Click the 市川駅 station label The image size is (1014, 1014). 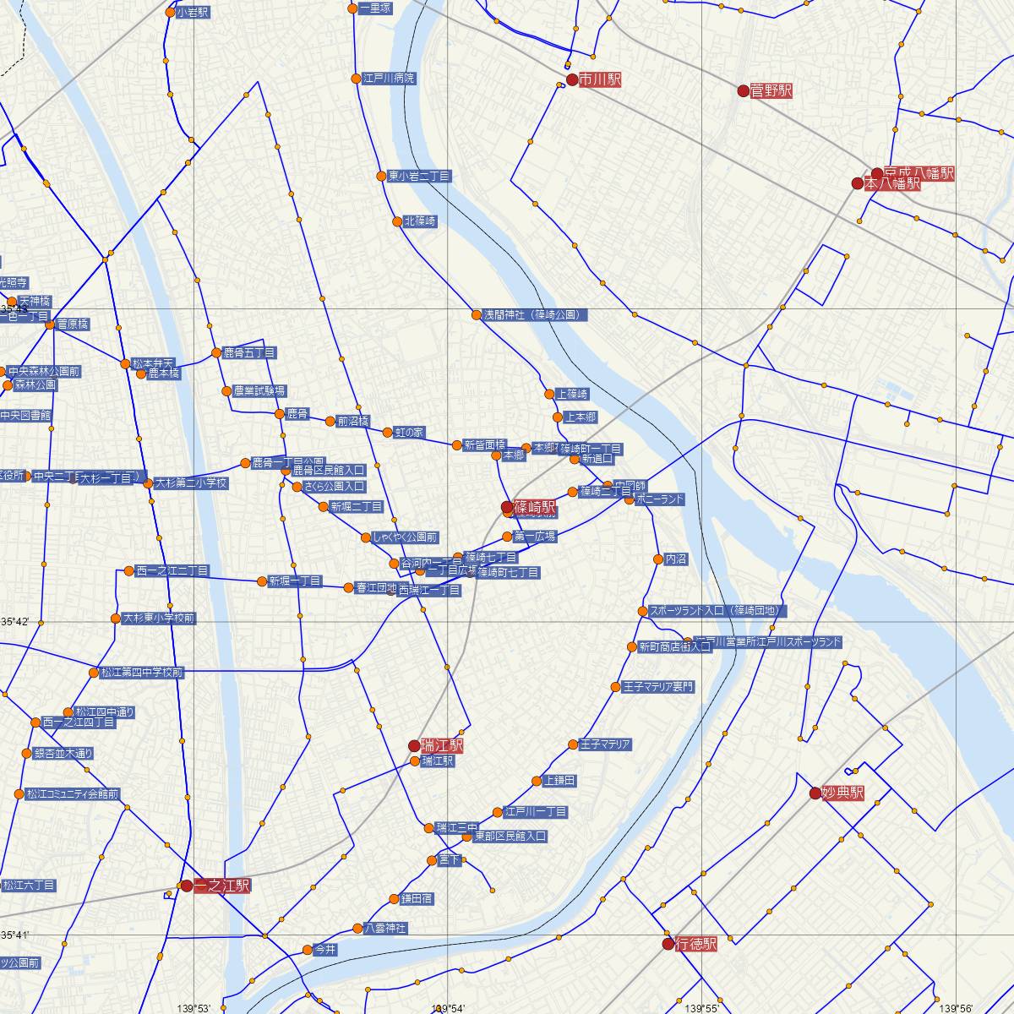pyautogui.click(x=600, y=79)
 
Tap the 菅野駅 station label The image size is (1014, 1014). pyautogui.click(x=771, y=90)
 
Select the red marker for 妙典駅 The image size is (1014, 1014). pyautogui.click(x=815, y=793)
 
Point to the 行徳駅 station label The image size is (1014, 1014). pyautogui.click(x=696, y=944)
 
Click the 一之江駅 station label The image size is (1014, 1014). pyautogui.click(x=222, y=886)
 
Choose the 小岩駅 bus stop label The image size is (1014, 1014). pyautogui.click(x=194, y=13)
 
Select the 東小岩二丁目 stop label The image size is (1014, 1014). pyautogui.click(x=419, y=177)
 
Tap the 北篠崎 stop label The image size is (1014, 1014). pyautogui.click(x=420, y=221)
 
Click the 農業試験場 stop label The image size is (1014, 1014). pyautogui.click(x=259, y=391)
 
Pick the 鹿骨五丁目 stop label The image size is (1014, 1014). pyautogui.click(x=249, y=352)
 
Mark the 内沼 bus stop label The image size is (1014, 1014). pyautogui.click(x=676, y=559)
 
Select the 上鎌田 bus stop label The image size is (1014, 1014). pyautogui.click(x=560, y=781)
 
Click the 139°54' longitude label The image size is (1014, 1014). pyautogui.click(x=448, y=1008)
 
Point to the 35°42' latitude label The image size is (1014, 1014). pyautogui.click(x=14, y=621)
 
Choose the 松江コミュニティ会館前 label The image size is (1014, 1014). pyautogui.click(x=72, y=794)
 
